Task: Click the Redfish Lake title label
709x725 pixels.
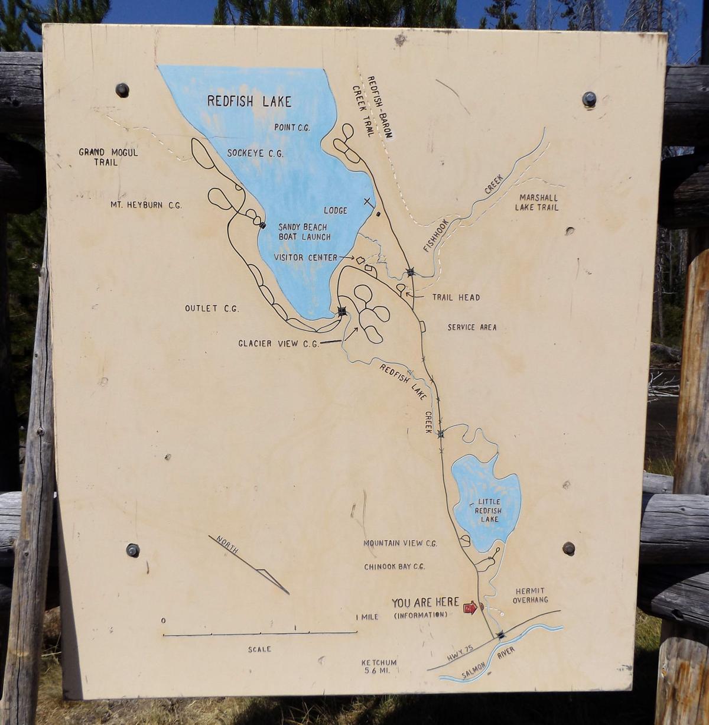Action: coord(249,101)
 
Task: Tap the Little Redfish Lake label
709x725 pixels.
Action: coord(489,511)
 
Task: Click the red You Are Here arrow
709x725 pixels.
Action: coord(470,607)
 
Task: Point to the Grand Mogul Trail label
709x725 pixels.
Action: coord(108,157)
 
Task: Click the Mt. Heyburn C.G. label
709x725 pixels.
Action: coord(146,205)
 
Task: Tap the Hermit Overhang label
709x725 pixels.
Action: coord(530,595)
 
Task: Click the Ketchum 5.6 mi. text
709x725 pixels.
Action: coord(379,667)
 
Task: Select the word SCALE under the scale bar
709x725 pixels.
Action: coord(259,649)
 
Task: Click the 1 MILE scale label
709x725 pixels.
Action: coord(367,617)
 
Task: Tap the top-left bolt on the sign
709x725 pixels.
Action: coord(122,90)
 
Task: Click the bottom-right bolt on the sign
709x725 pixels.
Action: coord(569,548)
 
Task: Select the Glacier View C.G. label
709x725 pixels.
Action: coord(278,343)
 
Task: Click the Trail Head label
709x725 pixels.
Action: coord(456,297)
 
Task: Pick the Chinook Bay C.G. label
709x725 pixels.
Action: coord(394,567)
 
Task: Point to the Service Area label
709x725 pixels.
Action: coord(471,327)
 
